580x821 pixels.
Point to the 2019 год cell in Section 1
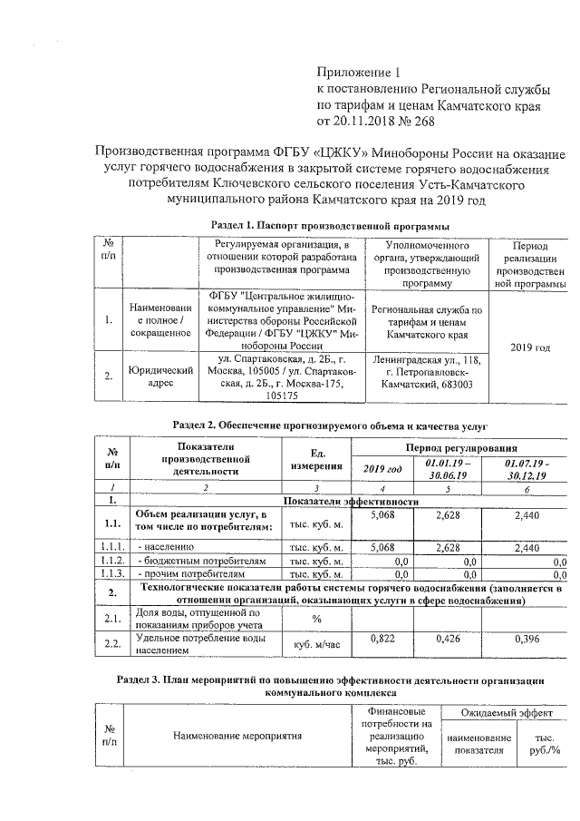(530, 347)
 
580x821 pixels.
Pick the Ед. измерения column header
(316, 459)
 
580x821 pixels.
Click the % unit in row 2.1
(317, 619)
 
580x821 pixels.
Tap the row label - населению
(166, 548)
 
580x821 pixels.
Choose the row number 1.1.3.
(112, 574)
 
